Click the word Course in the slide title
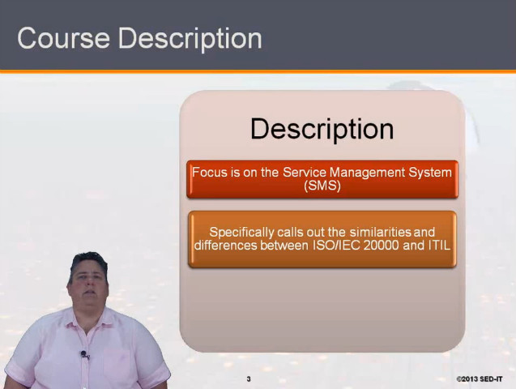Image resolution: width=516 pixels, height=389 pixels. pos(63,38)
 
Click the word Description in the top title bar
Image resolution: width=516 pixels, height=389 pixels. pos(190,39)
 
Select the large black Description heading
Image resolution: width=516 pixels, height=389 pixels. pos(322,130)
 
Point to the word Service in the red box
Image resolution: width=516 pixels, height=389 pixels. pos(305,172)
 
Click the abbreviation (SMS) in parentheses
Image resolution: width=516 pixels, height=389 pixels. pos(322,186)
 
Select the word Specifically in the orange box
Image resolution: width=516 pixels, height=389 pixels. pos(241,233)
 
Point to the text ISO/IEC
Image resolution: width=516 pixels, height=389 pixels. pos(335,246)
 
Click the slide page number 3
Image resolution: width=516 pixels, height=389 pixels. pos(249,379)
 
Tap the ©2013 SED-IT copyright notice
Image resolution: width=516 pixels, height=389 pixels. pos(480,379)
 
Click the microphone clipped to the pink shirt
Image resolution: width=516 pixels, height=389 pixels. pos(84,354)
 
